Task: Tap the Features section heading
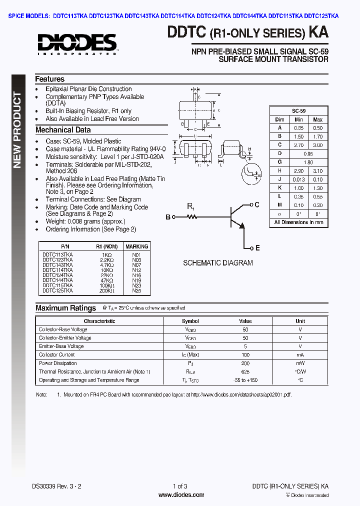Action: (x=49, y=79)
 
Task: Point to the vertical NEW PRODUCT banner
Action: (x=17, y=130)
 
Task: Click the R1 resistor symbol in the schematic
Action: (x=191, y=216)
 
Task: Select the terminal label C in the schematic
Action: (x=257, y=204)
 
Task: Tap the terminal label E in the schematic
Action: (x=257, y=248)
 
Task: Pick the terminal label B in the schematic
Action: (x=168, y=216)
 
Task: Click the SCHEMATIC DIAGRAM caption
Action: (x=217, y=263)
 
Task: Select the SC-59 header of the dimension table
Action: (x=298, y=111)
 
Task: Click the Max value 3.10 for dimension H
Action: (x=317, y=171)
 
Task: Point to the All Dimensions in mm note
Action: (x=298, y=222)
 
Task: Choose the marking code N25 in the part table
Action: (x=137, y=290)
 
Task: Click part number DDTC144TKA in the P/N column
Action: (x=57, y=280)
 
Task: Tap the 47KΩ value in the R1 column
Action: (x=106, y=280)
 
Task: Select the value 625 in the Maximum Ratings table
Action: (x=245, y=371)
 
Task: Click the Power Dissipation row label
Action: (x=58, y=363)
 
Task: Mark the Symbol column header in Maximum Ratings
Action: (x=190, y=321)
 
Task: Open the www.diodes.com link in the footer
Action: (x=180, y=495)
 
